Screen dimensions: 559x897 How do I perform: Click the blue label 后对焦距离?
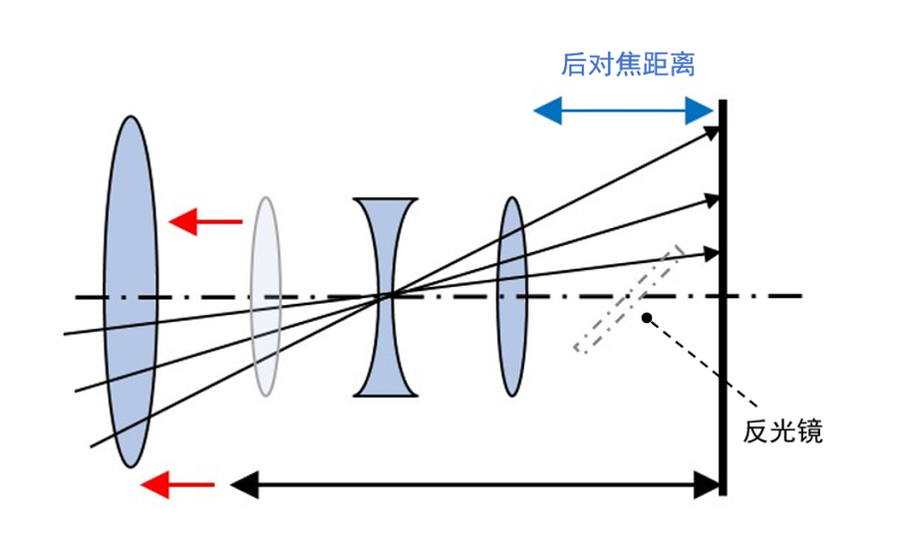pos(627,66)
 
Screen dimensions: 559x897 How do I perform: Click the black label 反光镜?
pos(782,432)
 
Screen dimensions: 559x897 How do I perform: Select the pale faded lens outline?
pos(265,295)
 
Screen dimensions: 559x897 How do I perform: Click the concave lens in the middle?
pos(385,296)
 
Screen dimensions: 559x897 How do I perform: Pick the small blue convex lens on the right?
pos(511,296)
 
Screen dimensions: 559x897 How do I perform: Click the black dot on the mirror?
pos(647,318)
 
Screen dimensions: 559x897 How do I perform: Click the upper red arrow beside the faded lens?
pos(204,221)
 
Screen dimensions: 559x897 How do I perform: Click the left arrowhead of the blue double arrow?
pos(543,111)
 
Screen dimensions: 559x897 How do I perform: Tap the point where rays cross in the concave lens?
pos(387,295)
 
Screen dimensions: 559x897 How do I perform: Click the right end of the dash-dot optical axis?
pos(797,295)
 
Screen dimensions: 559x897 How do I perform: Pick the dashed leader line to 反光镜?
pos(698,368)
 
